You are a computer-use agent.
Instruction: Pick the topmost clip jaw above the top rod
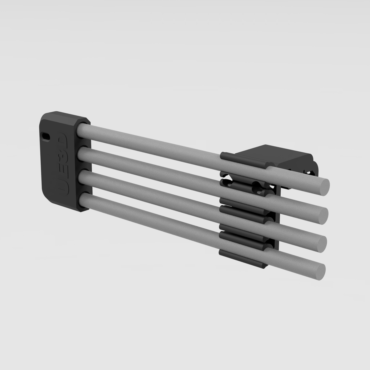[x=241, y=159]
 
